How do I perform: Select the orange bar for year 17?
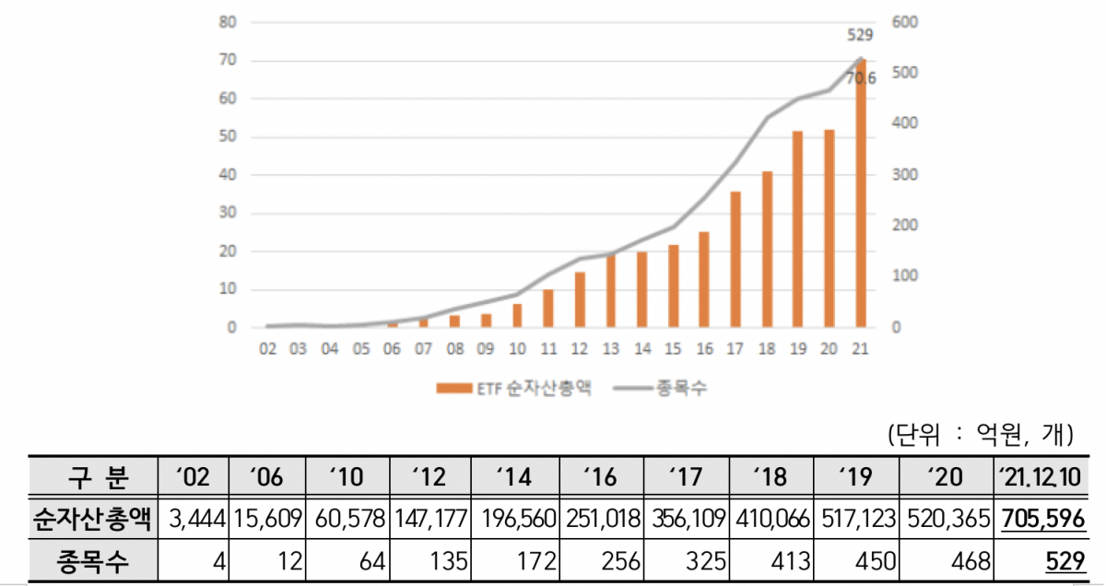[x=735, y=259]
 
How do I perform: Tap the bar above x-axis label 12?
[x=580, y=299]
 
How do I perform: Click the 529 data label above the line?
[x=859, y=36]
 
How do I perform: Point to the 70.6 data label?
[x=860, y=79]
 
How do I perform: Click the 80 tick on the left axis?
[x=228, y=22]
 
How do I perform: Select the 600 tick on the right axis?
[x=904, y=22]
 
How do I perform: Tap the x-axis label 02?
[x=268, y=349]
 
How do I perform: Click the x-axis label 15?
[x=674, y=349]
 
